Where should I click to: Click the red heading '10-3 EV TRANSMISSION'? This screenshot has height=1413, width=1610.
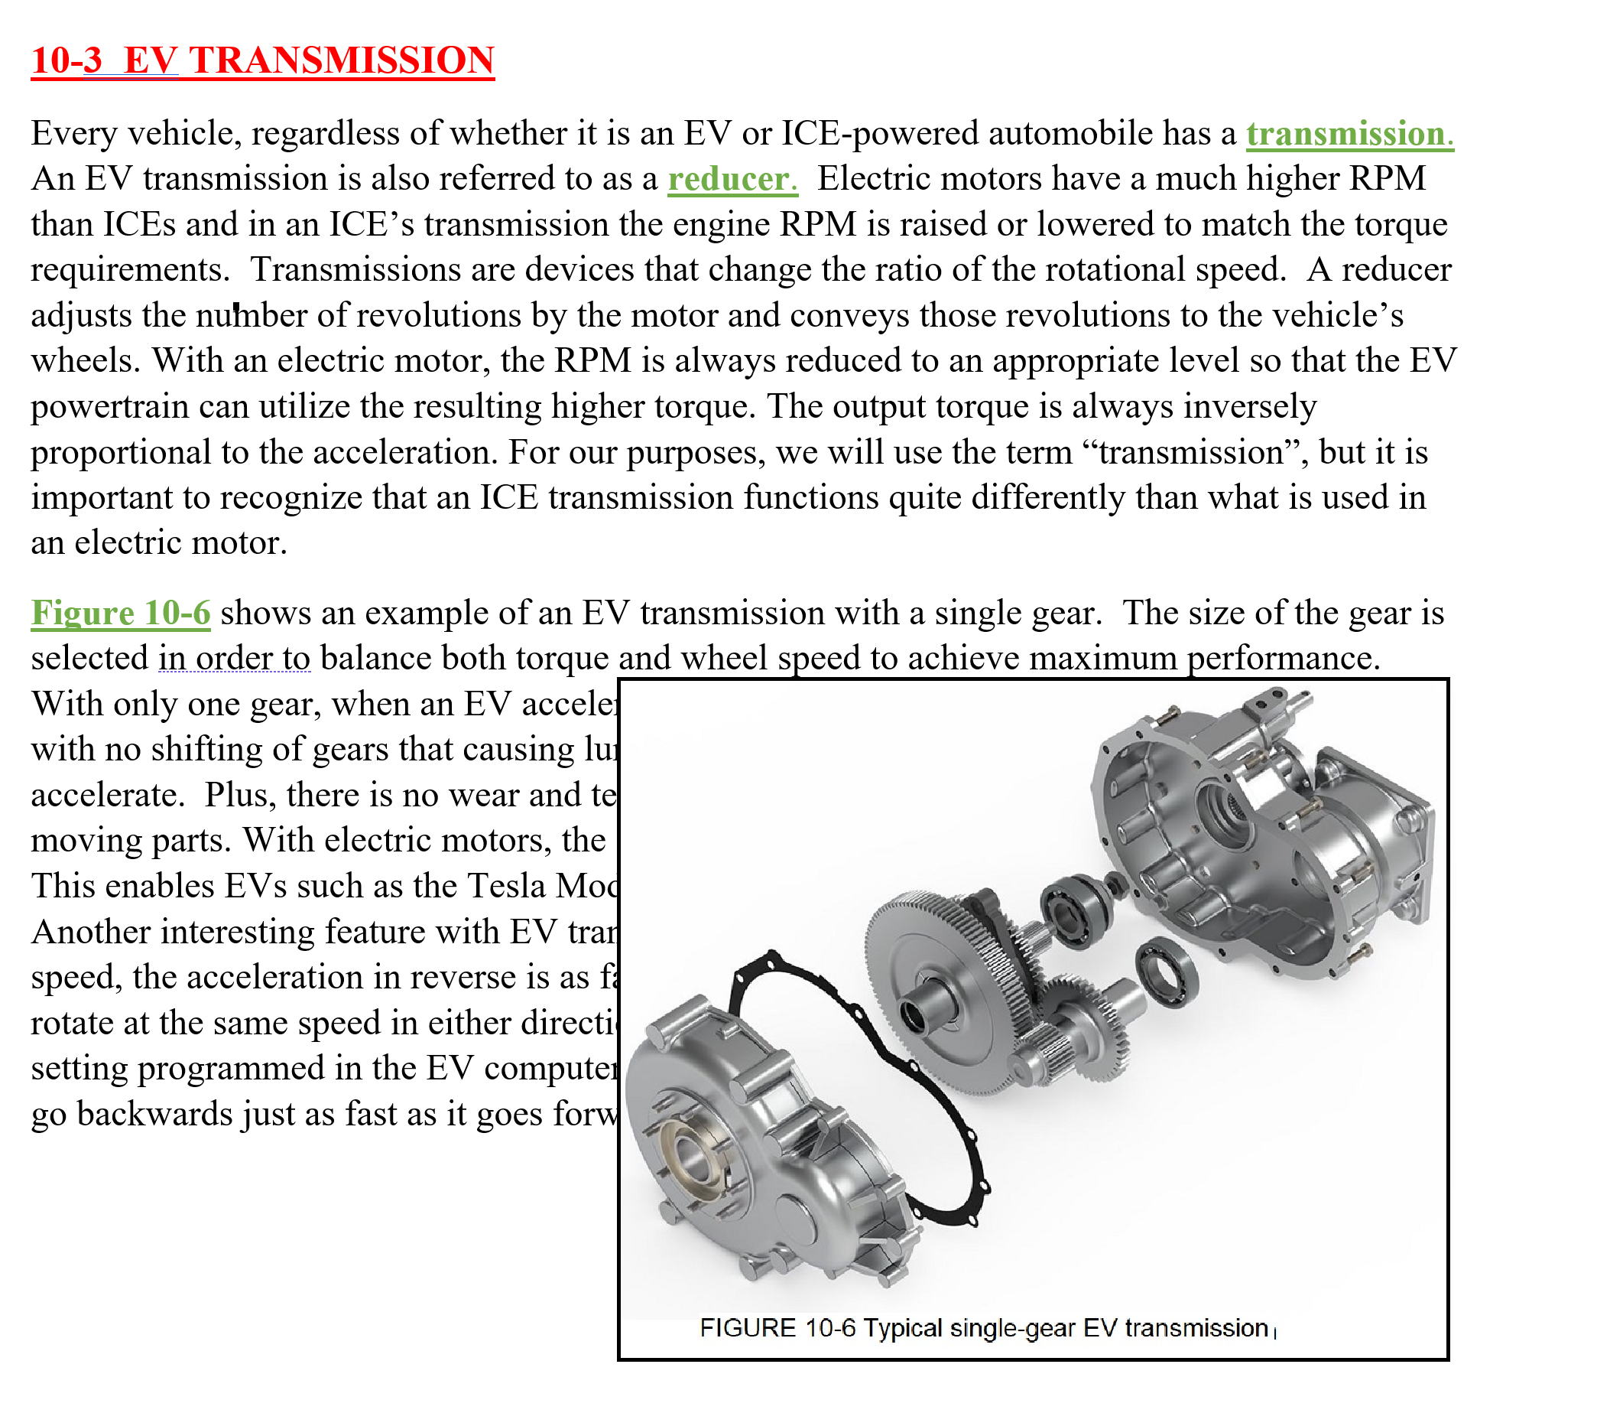tap(262, 60)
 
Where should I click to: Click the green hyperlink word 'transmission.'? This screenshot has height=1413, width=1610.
tap(1349, 134)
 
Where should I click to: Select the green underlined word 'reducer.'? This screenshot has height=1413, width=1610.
tap(732, 179)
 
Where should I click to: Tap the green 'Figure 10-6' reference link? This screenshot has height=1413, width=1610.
tap(121, 613)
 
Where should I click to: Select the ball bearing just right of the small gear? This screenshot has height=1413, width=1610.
tap(1167, 975)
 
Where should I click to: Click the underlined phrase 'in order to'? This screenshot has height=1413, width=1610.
tap(234, 658)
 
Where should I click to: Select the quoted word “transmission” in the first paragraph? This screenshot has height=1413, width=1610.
tap(1193, 452)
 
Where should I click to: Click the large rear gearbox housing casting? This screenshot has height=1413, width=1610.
tap(1261, 835)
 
